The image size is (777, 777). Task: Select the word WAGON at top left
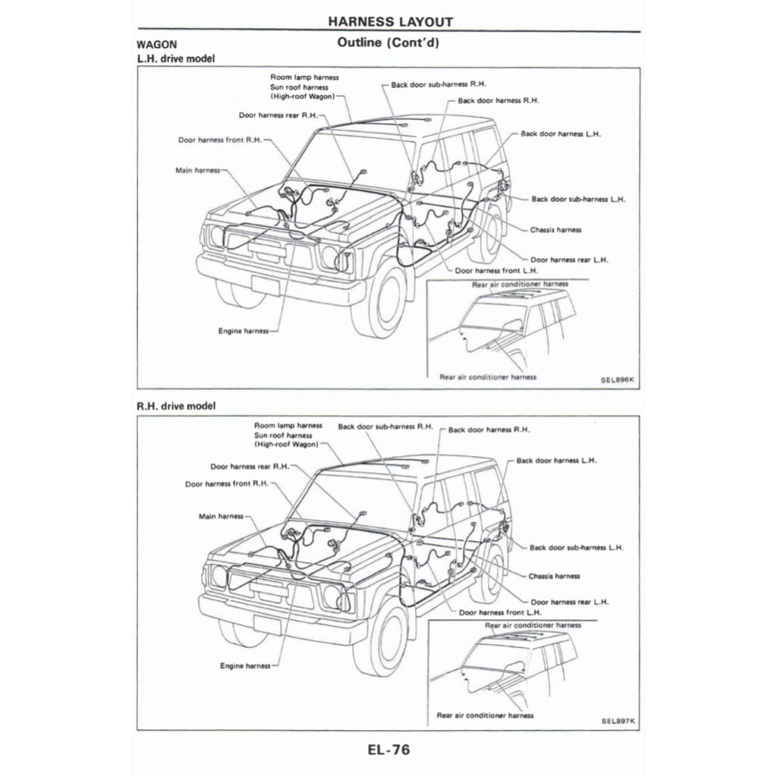[157, 45]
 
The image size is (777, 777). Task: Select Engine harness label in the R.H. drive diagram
[244, 665]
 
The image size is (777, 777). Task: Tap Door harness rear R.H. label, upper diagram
[278, 115]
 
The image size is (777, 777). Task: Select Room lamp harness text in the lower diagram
[288, 426]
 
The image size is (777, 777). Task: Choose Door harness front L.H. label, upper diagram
[496, 270]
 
